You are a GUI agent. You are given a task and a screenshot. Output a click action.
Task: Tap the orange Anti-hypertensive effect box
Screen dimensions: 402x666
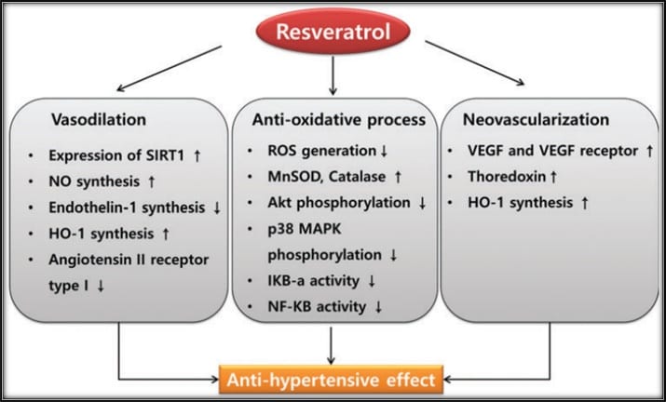[333, 379]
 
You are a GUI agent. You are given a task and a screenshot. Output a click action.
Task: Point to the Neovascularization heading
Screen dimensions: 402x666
[530, 120]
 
